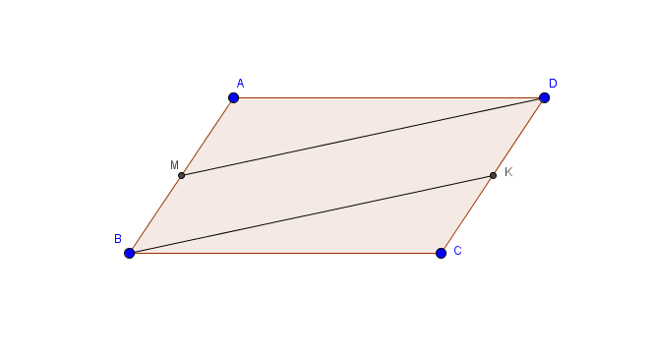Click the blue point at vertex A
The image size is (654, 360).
point(234,98)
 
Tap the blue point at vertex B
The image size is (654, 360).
point(129,253)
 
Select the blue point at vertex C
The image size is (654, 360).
point(441,253)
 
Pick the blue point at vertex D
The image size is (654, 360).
point(544,98)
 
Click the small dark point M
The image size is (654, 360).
point(181,176)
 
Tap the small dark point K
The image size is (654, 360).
point(493,176)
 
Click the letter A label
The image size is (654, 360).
point(240,84)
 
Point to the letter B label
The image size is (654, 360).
point(118,239)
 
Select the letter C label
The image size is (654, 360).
point(457,251)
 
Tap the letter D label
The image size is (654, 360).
point(553,84)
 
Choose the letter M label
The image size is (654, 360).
point(174,165)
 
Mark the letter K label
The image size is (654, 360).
point(508,172)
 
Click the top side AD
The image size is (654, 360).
point(388,98)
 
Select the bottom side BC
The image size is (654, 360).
point(285,253)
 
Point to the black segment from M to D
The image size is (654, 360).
point(363,137)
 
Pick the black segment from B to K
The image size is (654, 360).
point(311,214)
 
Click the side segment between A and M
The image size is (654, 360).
point(208,137)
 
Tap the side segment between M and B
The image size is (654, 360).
point(155,214)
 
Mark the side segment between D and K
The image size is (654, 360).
point(518,137)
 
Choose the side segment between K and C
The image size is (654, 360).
point(467,214)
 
